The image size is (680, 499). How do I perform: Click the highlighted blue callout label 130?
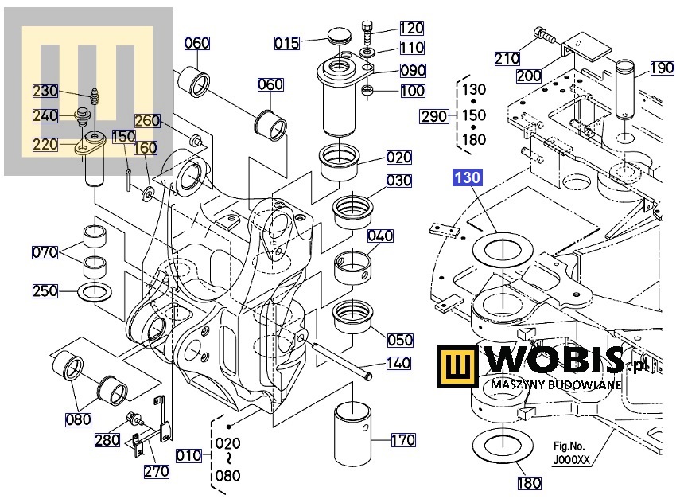tap(468, 178)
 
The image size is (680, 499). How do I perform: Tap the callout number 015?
tap(287, 42)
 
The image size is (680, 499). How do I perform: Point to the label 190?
tap(662, 68)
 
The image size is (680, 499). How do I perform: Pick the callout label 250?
tap(45, 290)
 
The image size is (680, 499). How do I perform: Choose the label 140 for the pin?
tap(398, 364)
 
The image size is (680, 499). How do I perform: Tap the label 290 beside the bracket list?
tap(434, 117)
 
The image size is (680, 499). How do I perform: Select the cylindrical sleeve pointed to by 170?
tap(353, 435)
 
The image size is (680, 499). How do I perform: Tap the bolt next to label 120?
tap(367, 32)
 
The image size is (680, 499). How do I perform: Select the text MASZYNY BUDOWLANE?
tap(554, 385)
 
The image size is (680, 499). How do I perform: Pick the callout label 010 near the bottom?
tap(188, 455)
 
